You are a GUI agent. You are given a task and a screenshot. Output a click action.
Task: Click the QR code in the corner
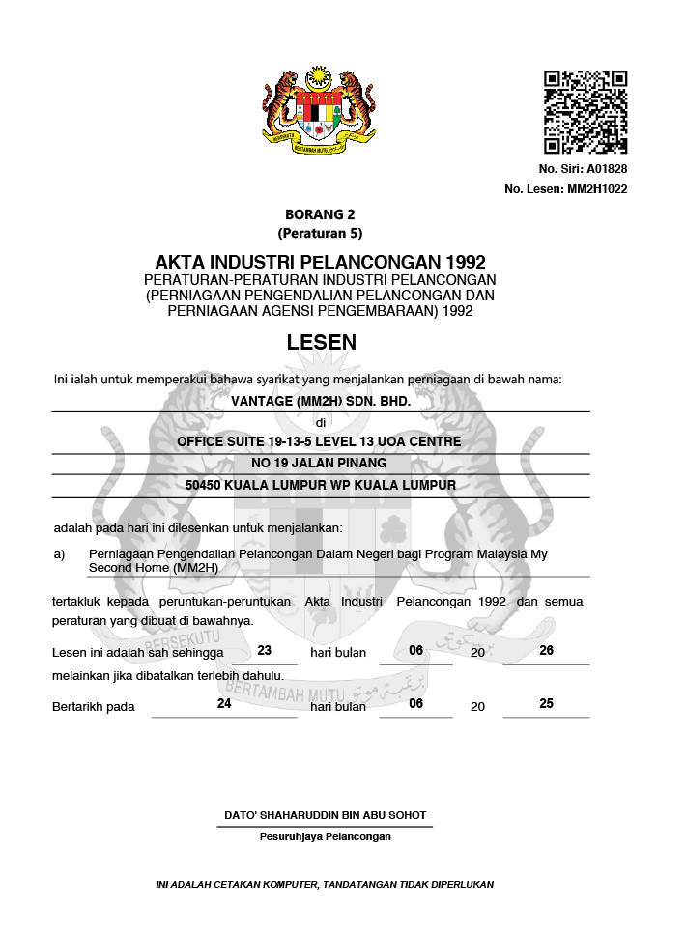tap(586, 112)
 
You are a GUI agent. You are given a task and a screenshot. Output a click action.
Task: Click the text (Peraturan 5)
tap(320, 233)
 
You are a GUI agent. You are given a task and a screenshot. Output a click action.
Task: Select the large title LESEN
tap(322, 342)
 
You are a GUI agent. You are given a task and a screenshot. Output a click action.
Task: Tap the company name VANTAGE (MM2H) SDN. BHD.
tap(321, 401)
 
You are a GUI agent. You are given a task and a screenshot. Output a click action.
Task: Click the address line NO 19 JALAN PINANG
tap(320, 463)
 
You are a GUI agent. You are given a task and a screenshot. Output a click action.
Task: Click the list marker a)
tap(59, 554)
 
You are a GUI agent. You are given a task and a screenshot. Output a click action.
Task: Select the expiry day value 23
tap(265, 650)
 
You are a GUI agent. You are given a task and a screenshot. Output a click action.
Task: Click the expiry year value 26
tap(546, 650)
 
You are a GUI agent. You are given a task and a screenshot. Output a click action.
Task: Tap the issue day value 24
tap(224, 704)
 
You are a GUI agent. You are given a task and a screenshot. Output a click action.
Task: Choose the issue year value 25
tap(546, 704)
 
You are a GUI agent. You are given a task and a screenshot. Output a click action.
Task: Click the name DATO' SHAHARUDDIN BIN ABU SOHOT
tap(325, 815)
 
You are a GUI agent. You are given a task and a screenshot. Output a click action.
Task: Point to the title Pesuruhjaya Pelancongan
tap(325, 836)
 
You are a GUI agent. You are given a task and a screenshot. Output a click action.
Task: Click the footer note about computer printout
tap(325, 884)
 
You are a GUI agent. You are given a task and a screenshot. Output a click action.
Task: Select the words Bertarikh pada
tap(93, 707)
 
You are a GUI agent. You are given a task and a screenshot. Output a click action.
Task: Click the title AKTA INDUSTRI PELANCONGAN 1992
tap(320, 263)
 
